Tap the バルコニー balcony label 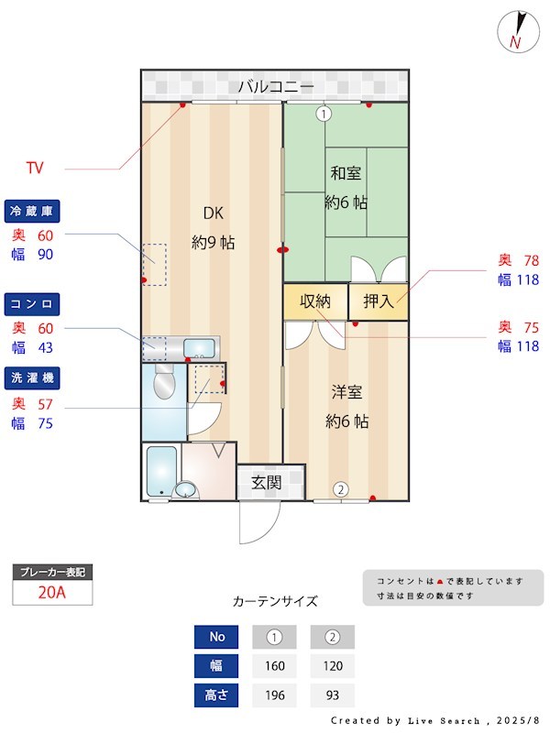click(276, 88)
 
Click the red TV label click(35, 168)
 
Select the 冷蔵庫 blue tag click(32, 212)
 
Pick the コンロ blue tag click(32, 303)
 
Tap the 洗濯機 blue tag click(32, 377)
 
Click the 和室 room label click(346, 172)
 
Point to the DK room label click(213, 213)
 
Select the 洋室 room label click(347, 392)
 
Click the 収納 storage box click(314, 301)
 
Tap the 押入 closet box click(378, 301)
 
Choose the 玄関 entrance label click(267, 483)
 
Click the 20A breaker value click(52, 593)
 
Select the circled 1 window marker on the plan click(323, 114)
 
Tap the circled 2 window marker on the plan click(340, 489)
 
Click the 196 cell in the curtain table click(274, 695)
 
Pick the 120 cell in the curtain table click(332, 666)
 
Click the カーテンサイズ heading click(275, 602)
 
